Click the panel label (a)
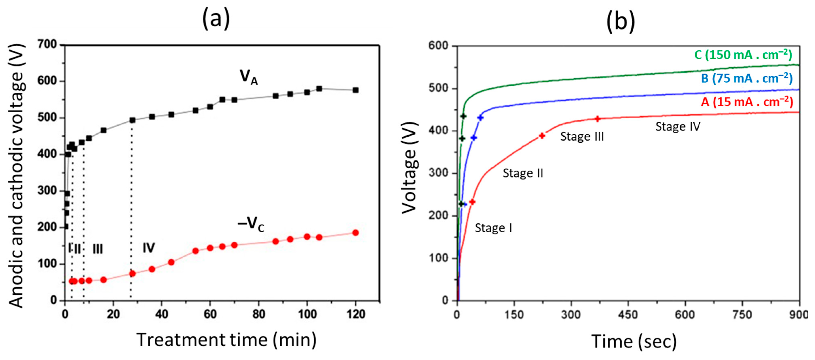pos(216,20)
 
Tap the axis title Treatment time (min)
pos(227,340)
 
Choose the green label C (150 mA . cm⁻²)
pos(743,55)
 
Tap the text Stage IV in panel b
pos(678,126)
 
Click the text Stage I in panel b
pos(493,228)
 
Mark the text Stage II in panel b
pos(523,173)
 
